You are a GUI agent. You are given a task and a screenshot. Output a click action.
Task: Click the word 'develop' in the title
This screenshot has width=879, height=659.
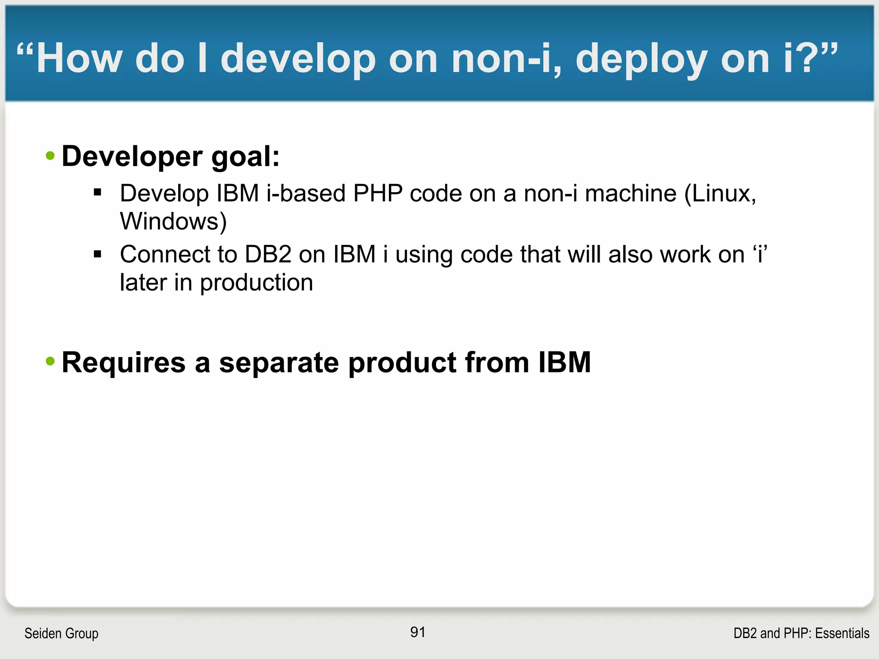(x=298, y=59)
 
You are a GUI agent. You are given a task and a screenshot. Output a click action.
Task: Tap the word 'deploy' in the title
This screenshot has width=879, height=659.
(x=641, y=59)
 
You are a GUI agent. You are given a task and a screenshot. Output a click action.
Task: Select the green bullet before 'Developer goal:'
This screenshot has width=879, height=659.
(x=50, y=156)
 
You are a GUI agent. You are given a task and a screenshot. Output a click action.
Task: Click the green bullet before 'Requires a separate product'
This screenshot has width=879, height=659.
(x=50, y=362)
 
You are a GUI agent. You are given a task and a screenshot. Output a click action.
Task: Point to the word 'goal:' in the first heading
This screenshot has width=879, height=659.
(x=245, y=157)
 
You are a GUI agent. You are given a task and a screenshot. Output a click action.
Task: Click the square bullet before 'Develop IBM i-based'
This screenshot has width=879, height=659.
(x=97, y=193)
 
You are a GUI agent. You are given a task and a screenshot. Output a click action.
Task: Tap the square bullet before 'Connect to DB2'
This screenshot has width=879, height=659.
(x=97, y=254)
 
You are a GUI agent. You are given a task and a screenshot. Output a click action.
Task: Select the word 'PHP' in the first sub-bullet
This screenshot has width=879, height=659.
(x=378, y=193)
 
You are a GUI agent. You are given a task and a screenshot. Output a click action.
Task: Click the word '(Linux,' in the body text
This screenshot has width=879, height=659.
(x=720, y=193)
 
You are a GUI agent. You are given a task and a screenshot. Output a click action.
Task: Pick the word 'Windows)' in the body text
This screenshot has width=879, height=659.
(x=173, y=221)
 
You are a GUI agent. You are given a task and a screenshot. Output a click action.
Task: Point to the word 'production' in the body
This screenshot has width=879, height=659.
(x=256, y=283)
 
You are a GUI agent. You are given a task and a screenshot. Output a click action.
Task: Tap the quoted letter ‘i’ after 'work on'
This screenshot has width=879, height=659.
(x=760, y=254)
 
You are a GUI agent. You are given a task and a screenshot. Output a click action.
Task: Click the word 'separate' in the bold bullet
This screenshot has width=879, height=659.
(x=279, y=363)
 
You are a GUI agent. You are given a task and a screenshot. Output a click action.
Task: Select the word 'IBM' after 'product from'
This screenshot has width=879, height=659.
(x=564, y=363)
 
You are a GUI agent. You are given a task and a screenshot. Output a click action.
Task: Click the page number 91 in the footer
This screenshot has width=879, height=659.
(x=418, y=632)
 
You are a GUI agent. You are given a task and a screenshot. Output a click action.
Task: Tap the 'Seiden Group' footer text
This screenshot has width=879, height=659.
(x=61, y=633)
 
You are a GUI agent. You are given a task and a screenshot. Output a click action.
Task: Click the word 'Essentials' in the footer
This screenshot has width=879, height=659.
(x=842, y=633)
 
